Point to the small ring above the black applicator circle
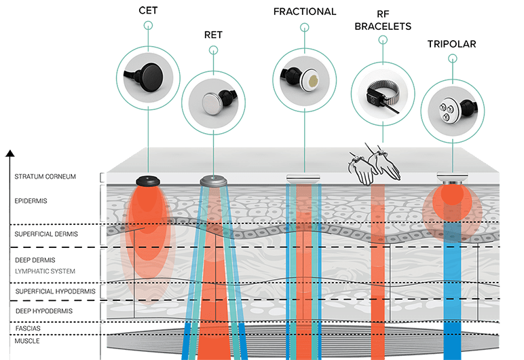149,26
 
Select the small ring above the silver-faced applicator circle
214,50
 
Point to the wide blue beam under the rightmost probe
451,285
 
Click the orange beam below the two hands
379,258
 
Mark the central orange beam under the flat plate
307,258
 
